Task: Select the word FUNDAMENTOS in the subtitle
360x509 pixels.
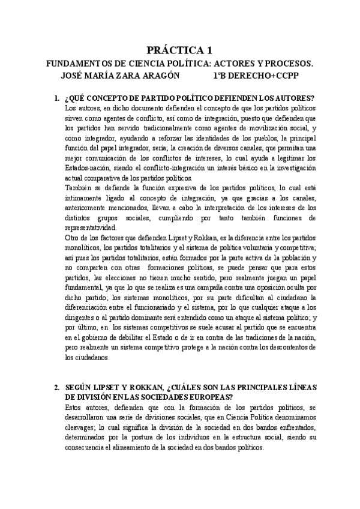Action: (x=77, y=64)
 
